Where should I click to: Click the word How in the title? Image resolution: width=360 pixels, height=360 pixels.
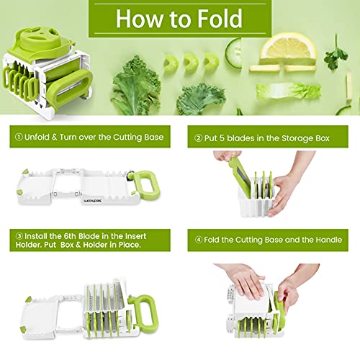[x=138, y=17]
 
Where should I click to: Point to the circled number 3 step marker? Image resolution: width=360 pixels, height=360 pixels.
[x=14, y=235]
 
